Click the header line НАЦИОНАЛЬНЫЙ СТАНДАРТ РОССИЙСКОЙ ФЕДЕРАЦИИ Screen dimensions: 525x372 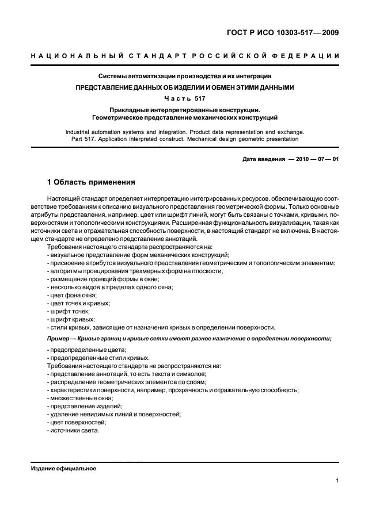[185, 56]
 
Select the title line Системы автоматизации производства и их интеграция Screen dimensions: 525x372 [185, 76]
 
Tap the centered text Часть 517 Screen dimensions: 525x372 [185, 98]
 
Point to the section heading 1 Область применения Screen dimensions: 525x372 [91, 183]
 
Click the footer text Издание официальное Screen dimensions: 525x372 [63, 469]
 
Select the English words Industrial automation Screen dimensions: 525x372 [91, 132]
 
